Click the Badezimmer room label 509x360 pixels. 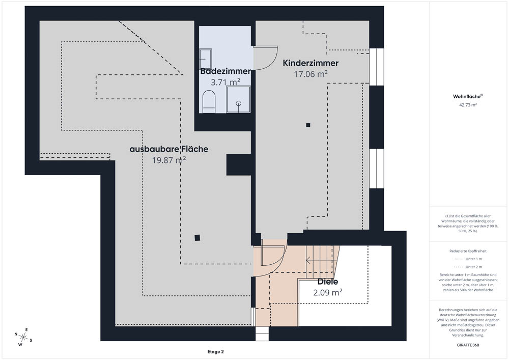click(x=225, y=71)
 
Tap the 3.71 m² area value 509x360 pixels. click(x=225, y=81)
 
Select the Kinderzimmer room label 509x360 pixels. click(x=310, y=64)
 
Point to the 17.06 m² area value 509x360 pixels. click(x=310, y=74)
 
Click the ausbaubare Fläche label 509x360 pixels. click(x=169, y=149)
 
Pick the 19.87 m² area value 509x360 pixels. click(x=169, y=160)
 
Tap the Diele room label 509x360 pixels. click(x=328, y=282)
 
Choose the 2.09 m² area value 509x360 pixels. click(x=327, y=292)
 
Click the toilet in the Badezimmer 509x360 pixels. click(x=209, y=101)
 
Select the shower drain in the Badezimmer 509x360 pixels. click(x=239, y=103)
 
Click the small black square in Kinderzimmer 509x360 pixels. click(x=307, y=125)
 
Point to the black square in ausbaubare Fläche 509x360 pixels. click(x=197, y=237)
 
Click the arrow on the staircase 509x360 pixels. click(x=310, y=260)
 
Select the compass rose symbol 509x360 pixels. click(x=23, y=337)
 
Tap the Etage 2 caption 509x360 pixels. click(x=215, y=352)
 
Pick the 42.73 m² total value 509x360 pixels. click(x=468, y=105)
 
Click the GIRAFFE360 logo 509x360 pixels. click(x=468, y=345)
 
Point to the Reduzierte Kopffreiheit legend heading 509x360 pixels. click(x=468, y=251)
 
